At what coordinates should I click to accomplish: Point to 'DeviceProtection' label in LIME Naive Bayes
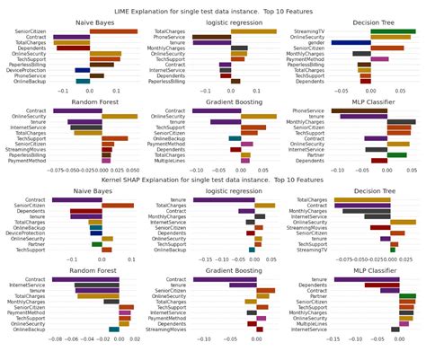[x=28, y=69]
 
